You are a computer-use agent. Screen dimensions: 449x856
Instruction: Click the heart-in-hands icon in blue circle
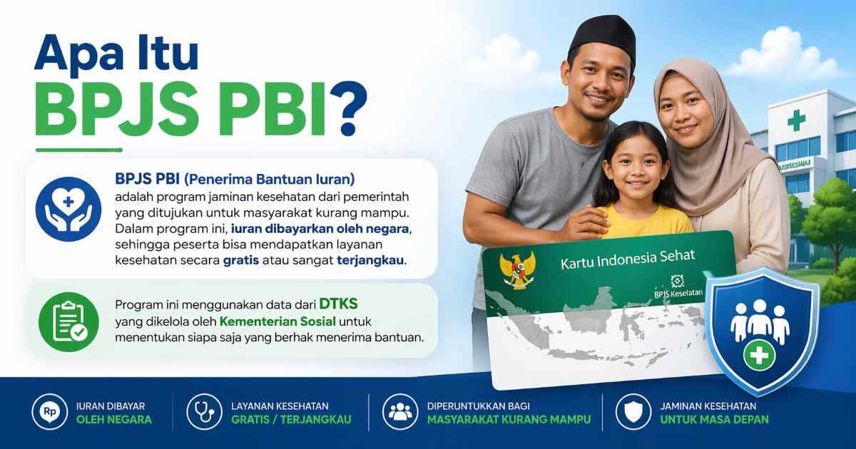coord(68,209)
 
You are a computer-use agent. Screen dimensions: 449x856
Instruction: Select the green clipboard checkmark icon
coord(68,321)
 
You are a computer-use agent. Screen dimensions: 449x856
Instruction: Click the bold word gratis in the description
coord(240,260)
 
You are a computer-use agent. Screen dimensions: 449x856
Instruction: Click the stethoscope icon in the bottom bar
coord(204,412)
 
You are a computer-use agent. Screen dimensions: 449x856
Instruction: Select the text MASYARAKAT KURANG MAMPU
coord(509,420)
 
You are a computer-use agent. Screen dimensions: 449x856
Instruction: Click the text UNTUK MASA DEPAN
coord(714,420)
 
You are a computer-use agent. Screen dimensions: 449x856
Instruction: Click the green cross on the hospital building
coord(796,120)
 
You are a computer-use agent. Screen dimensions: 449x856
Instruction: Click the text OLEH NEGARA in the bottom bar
coord(113,420)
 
